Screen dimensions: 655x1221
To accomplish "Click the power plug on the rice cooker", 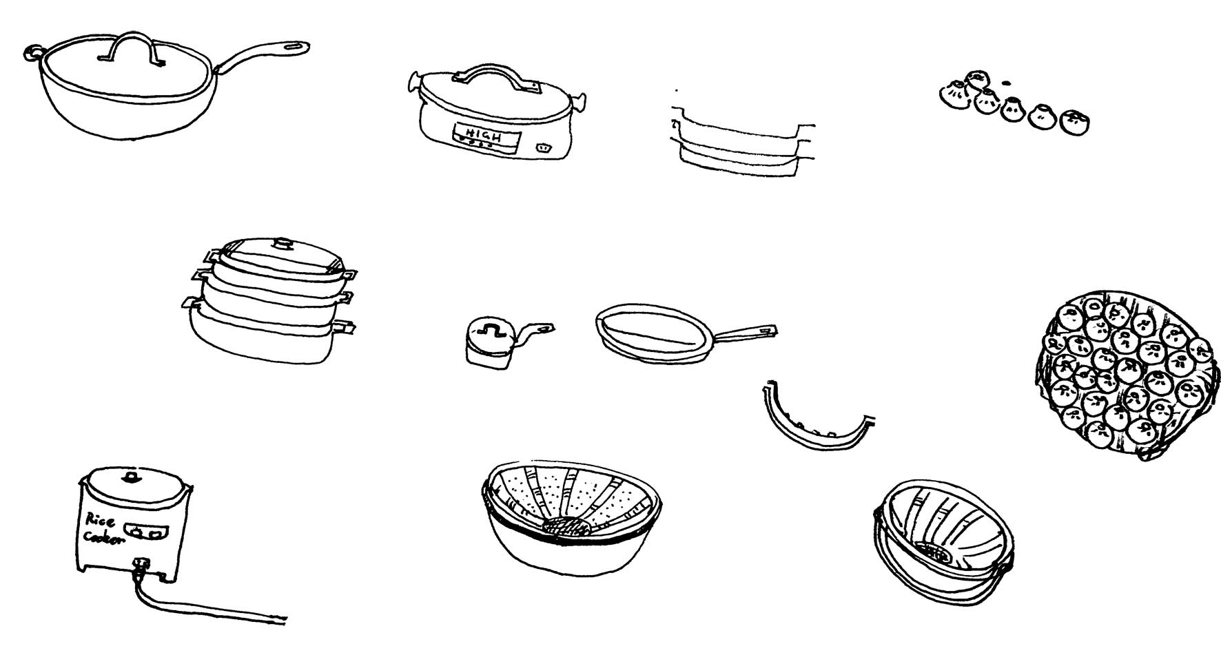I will (x=143, y=565).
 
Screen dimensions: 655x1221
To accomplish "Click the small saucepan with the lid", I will (x=489, y=342).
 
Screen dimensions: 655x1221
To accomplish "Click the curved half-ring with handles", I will (x=815, y=424).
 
